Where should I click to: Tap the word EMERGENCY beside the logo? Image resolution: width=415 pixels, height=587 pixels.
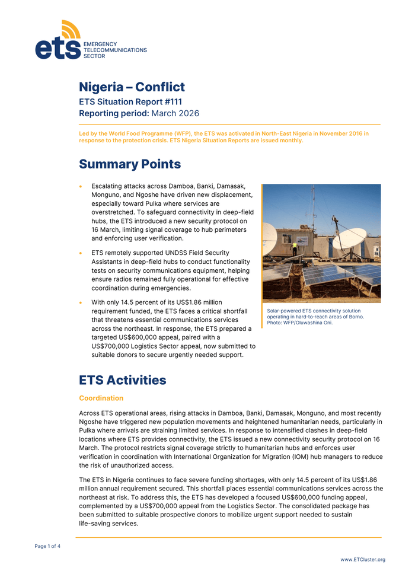pos(100,44)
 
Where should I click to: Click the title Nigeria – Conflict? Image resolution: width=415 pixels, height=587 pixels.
pos(132,87)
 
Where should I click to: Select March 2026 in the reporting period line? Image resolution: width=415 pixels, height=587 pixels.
pos(175,113)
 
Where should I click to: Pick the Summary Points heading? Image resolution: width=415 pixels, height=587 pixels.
pos(130,164)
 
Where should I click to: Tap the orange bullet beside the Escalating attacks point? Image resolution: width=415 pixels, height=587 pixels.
pos(81,186)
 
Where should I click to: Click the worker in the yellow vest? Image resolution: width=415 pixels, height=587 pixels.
pos(294,248)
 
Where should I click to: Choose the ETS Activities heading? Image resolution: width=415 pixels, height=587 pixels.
pos(123,380)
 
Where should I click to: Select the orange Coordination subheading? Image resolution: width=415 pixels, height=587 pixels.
pos(101,398)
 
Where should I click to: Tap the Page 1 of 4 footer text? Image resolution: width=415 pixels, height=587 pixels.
pos(47,546)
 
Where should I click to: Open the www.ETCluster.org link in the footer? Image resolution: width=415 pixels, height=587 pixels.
pos(362,560)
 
